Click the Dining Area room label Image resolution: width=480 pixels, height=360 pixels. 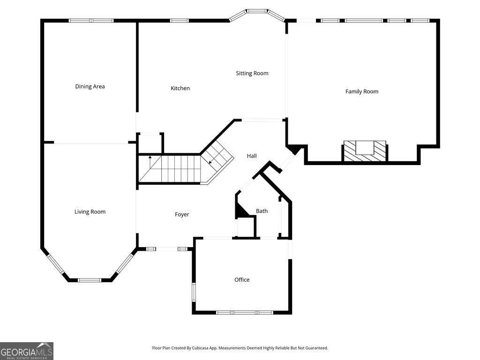(x=90, y=86)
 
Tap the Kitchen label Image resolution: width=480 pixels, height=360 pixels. (x=180, y=88)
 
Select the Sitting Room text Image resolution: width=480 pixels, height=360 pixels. (x=252, y=73)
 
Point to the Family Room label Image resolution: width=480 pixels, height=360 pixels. (x=361, y=91)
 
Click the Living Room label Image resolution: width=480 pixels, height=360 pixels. (x=90, y=212)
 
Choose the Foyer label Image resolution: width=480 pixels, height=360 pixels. (x=182, y=214)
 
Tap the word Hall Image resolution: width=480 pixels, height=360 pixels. (x=252, y=156)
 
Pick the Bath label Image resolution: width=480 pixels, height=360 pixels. (x=262, y=211)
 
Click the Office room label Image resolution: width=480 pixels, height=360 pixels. (x=242, y=280)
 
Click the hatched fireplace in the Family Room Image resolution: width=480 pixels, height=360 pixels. (x=365, y=151)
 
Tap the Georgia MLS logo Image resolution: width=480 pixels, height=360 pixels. (x=27, y=351)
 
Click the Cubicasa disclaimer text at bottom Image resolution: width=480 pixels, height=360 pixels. (x=240, y=348)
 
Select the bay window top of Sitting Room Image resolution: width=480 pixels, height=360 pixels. (x=257, y=11)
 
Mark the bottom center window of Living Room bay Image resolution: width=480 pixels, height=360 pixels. (x=89, y=280)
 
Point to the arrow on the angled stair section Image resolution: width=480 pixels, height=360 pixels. (x=210, y=162)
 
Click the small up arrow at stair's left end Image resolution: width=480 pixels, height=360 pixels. (x=150, y=157)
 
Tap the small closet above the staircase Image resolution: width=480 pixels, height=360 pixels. (x=150, y=143)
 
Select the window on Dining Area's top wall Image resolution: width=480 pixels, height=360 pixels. (x=91, y=21)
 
